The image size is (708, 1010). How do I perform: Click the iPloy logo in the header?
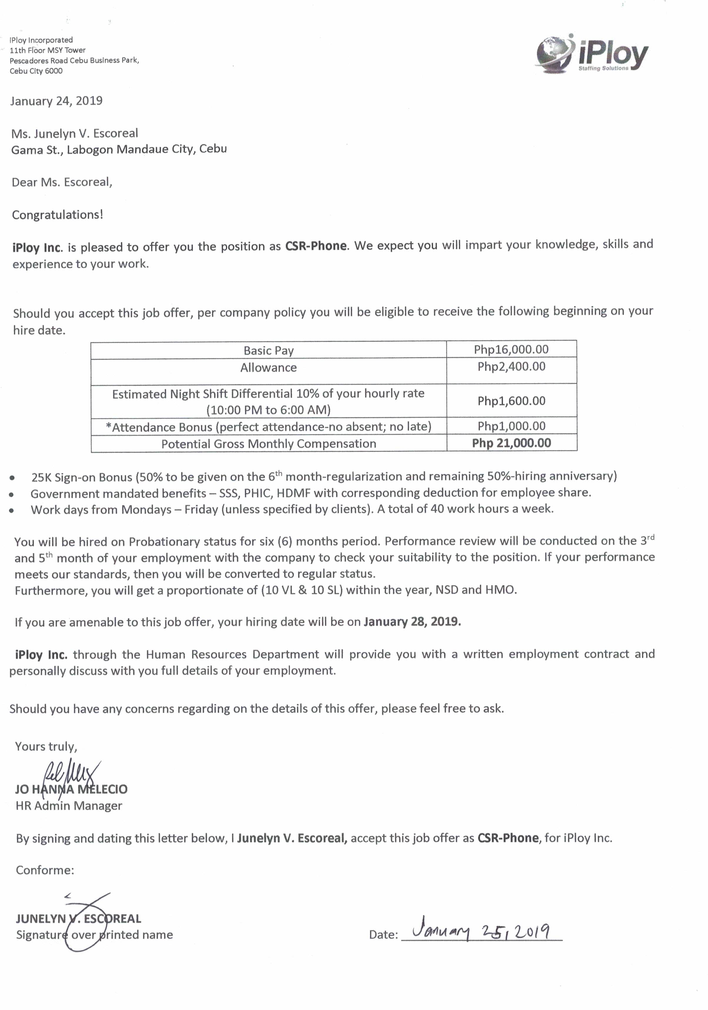coord(592,55)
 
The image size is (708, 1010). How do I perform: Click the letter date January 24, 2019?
coord(56,101)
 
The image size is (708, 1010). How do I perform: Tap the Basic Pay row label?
coord(268,350)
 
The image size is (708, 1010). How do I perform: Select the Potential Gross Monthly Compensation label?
coord(268,443)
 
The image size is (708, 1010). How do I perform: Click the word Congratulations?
coord(57,215)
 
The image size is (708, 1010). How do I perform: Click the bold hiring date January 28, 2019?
coord(412,622)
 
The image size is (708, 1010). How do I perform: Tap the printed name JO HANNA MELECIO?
coord(71,789)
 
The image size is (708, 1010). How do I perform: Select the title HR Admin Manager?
coord(69,805)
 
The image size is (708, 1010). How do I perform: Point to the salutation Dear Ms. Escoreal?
coord(62,182)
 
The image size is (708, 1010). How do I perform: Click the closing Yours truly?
coord(46,746)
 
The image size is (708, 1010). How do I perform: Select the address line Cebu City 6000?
coord(36,71)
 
